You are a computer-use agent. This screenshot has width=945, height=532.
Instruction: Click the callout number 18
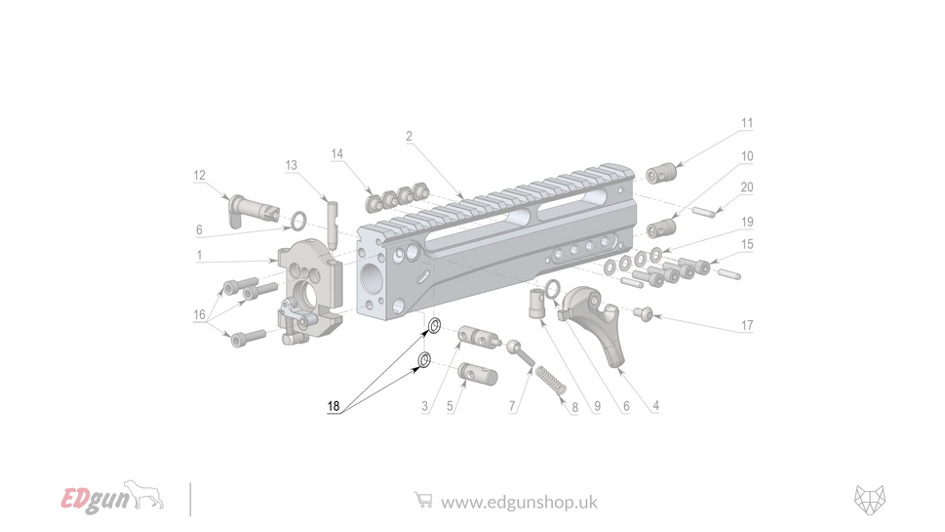(334, 407)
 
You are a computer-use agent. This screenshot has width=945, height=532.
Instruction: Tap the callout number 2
(410, 137)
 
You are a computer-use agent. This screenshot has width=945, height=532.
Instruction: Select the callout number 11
(747, 124)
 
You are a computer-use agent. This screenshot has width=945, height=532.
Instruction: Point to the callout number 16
(200, 314)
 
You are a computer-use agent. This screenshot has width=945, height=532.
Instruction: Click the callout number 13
(291, 166)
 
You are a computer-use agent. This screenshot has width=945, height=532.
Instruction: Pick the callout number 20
(747, 187)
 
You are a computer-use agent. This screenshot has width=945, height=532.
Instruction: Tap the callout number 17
(747, 325)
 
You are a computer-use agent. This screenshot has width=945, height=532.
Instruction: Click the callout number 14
(337, 154)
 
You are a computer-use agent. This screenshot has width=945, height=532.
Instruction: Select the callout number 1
(199, 255)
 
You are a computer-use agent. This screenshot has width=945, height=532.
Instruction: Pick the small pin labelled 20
(705, 209)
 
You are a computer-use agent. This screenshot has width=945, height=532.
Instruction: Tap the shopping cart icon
(422, 500)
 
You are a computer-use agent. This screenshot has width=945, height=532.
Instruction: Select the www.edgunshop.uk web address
(518, 502)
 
